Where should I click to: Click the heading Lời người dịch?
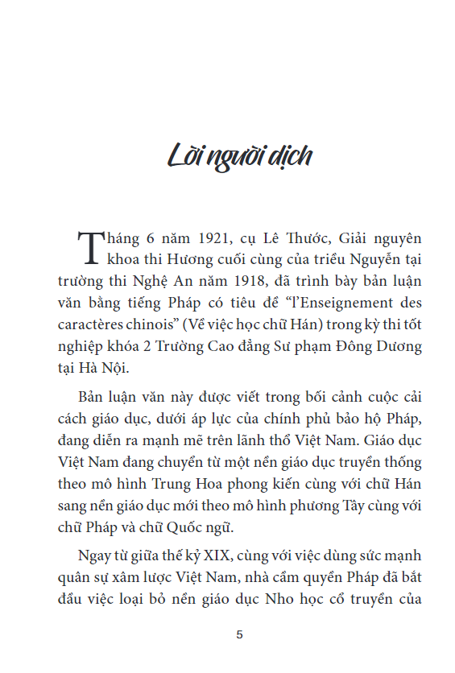click(238, 155)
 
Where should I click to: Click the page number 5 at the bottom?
click(239, 634)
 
